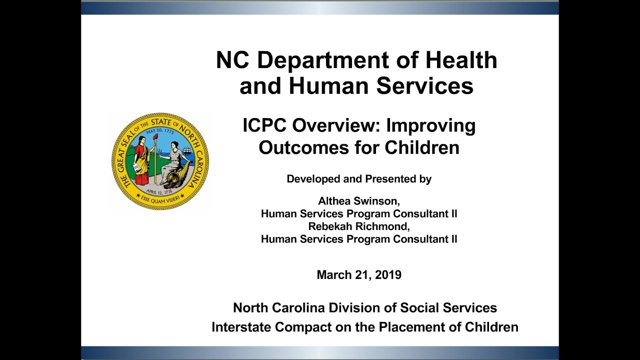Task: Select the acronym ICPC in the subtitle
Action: click(265, 125)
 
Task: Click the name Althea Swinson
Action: click(358, 201)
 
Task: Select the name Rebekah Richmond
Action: click(358, 226)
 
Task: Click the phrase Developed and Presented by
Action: click(358, 179)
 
